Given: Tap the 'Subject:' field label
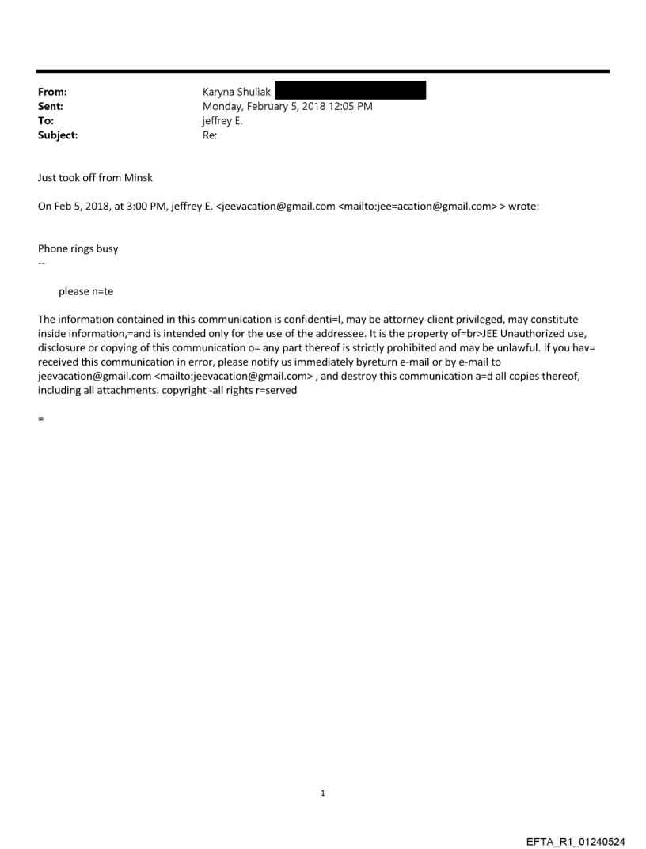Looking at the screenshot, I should coord(58,135).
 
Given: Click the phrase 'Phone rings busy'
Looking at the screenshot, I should coord(78,248).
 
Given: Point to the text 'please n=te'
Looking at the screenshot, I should coord(85,291).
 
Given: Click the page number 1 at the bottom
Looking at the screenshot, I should coord(323,793).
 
